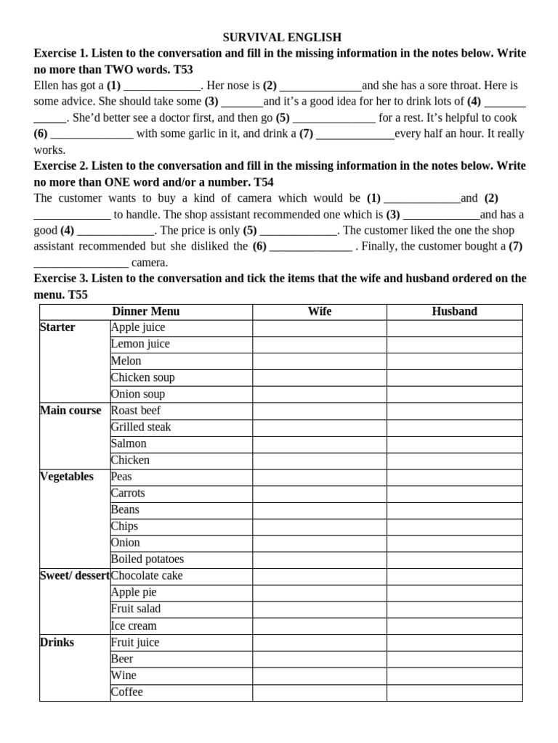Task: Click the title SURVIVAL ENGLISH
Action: [x=280, y=37]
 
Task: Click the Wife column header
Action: [x=319, y=311]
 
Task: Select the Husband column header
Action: [x=454, y=311]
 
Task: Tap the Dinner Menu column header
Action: [x=145, y=311]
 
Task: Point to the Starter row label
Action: [x=58, y=327]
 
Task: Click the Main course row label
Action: [x=70, y=411]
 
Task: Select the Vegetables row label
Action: [x=67, y=477]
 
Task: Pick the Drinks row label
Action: [x=57, y=642]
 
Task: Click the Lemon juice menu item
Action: [x=140, y=344]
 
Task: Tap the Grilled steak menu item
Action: [x=141, y=427]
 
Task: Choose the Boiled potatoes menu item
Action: [x=147, y=559]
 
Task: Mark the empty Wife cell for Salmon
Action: [x=319, y=443]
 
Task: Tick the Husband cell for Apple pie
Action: [x=454, y=592]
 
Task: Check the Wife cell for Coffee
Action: [x=319, y=692]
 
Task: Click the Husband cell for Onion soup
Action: [x=454, y=394]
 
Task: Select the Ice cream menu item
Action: [x=134, y=625]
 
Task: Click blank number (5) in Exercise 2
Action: [x=299, y=230]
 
